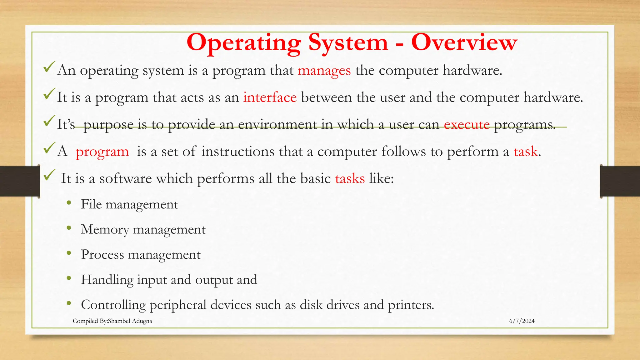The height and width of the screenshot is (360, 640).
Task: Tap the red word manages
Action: [x=324, y=71]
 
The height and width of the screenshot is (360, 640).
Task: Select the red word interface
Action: [x=270, y=97]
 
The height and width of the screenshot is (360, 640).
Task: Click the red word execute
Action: [x=467, y=125]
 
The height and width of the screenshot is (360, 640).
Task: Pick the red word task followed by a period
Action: [x=525, y=152]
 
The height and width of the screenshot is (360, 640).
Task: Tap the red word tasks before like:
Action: [x=350, y=179]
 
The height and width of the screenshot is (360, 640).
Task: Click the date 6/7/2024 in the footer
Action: [x=522, y=321]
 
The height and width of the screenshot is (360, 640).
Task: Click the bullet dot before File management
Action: [x=69, y=203]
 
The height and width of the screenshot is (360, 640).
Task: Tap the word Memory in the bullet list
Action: [x=105, y=230]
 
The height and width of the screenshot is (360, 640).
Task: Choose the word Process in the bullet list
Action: [x=102, y=255]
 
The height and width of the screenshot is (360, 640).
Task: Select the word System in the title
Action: [x=348, y=42]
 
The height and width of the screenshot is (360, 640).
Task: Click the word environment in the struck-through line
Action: [x=277, y=125]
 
